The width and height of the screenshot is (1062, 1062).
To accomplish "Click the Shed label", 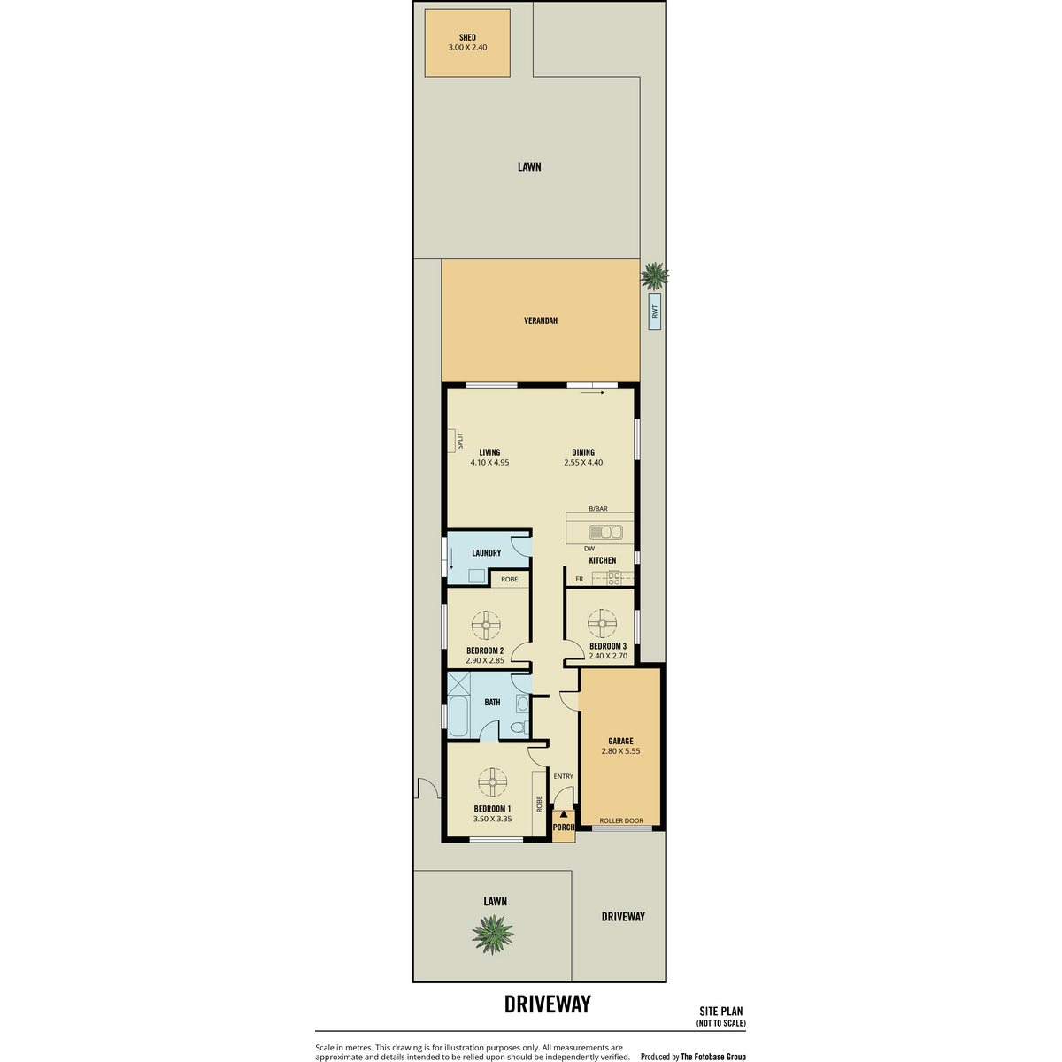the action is (467, 37).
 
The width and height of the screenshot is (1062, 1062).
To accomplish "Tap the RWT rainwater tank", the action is (655, 312).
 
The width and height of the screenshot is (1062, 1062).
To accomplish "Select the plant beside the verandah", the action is (654, 275).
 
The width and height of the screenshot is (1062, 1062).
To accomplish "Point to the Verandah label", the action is (541, 320).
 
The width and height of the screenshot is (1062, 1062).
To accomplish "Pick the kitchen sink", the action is (605, 532).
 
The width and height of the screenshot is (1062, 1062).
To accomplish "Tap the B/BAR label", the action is (598, 509).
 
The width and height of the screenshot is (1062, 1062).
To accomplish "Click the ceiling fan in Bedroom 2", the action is (486, 625).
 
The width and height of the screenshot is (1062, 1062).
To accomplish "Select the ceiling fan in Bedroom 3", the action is (602, 624).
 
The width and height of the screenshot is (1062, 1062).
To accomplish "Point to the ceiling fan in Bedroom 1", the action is (492, 782).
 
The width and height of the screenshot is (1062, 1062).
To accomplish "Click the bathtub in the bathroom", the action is (458, 717).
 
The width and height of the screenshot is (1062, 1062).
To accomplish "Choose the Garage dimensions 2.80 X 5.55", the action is (620, 750).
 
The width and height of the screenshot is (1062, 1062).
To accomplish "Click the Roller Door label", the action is (621, 820).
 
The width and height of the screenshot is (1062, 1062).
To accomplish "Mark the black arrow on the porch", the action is (563, 813).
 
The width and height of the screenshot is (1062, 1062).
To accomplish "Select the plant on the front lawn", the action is (493, 934).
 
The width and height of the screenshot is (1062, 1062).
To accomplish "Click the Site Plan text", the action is (721, 1012).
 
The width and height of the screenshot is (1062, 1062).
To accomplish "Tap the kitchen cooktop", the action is (613, 578).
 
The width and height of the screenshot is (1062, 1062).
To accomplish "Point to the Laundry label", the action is (486, 553).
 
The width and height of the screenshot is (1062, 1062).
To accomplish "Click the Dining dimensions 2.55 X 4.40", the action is (583, 462).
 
